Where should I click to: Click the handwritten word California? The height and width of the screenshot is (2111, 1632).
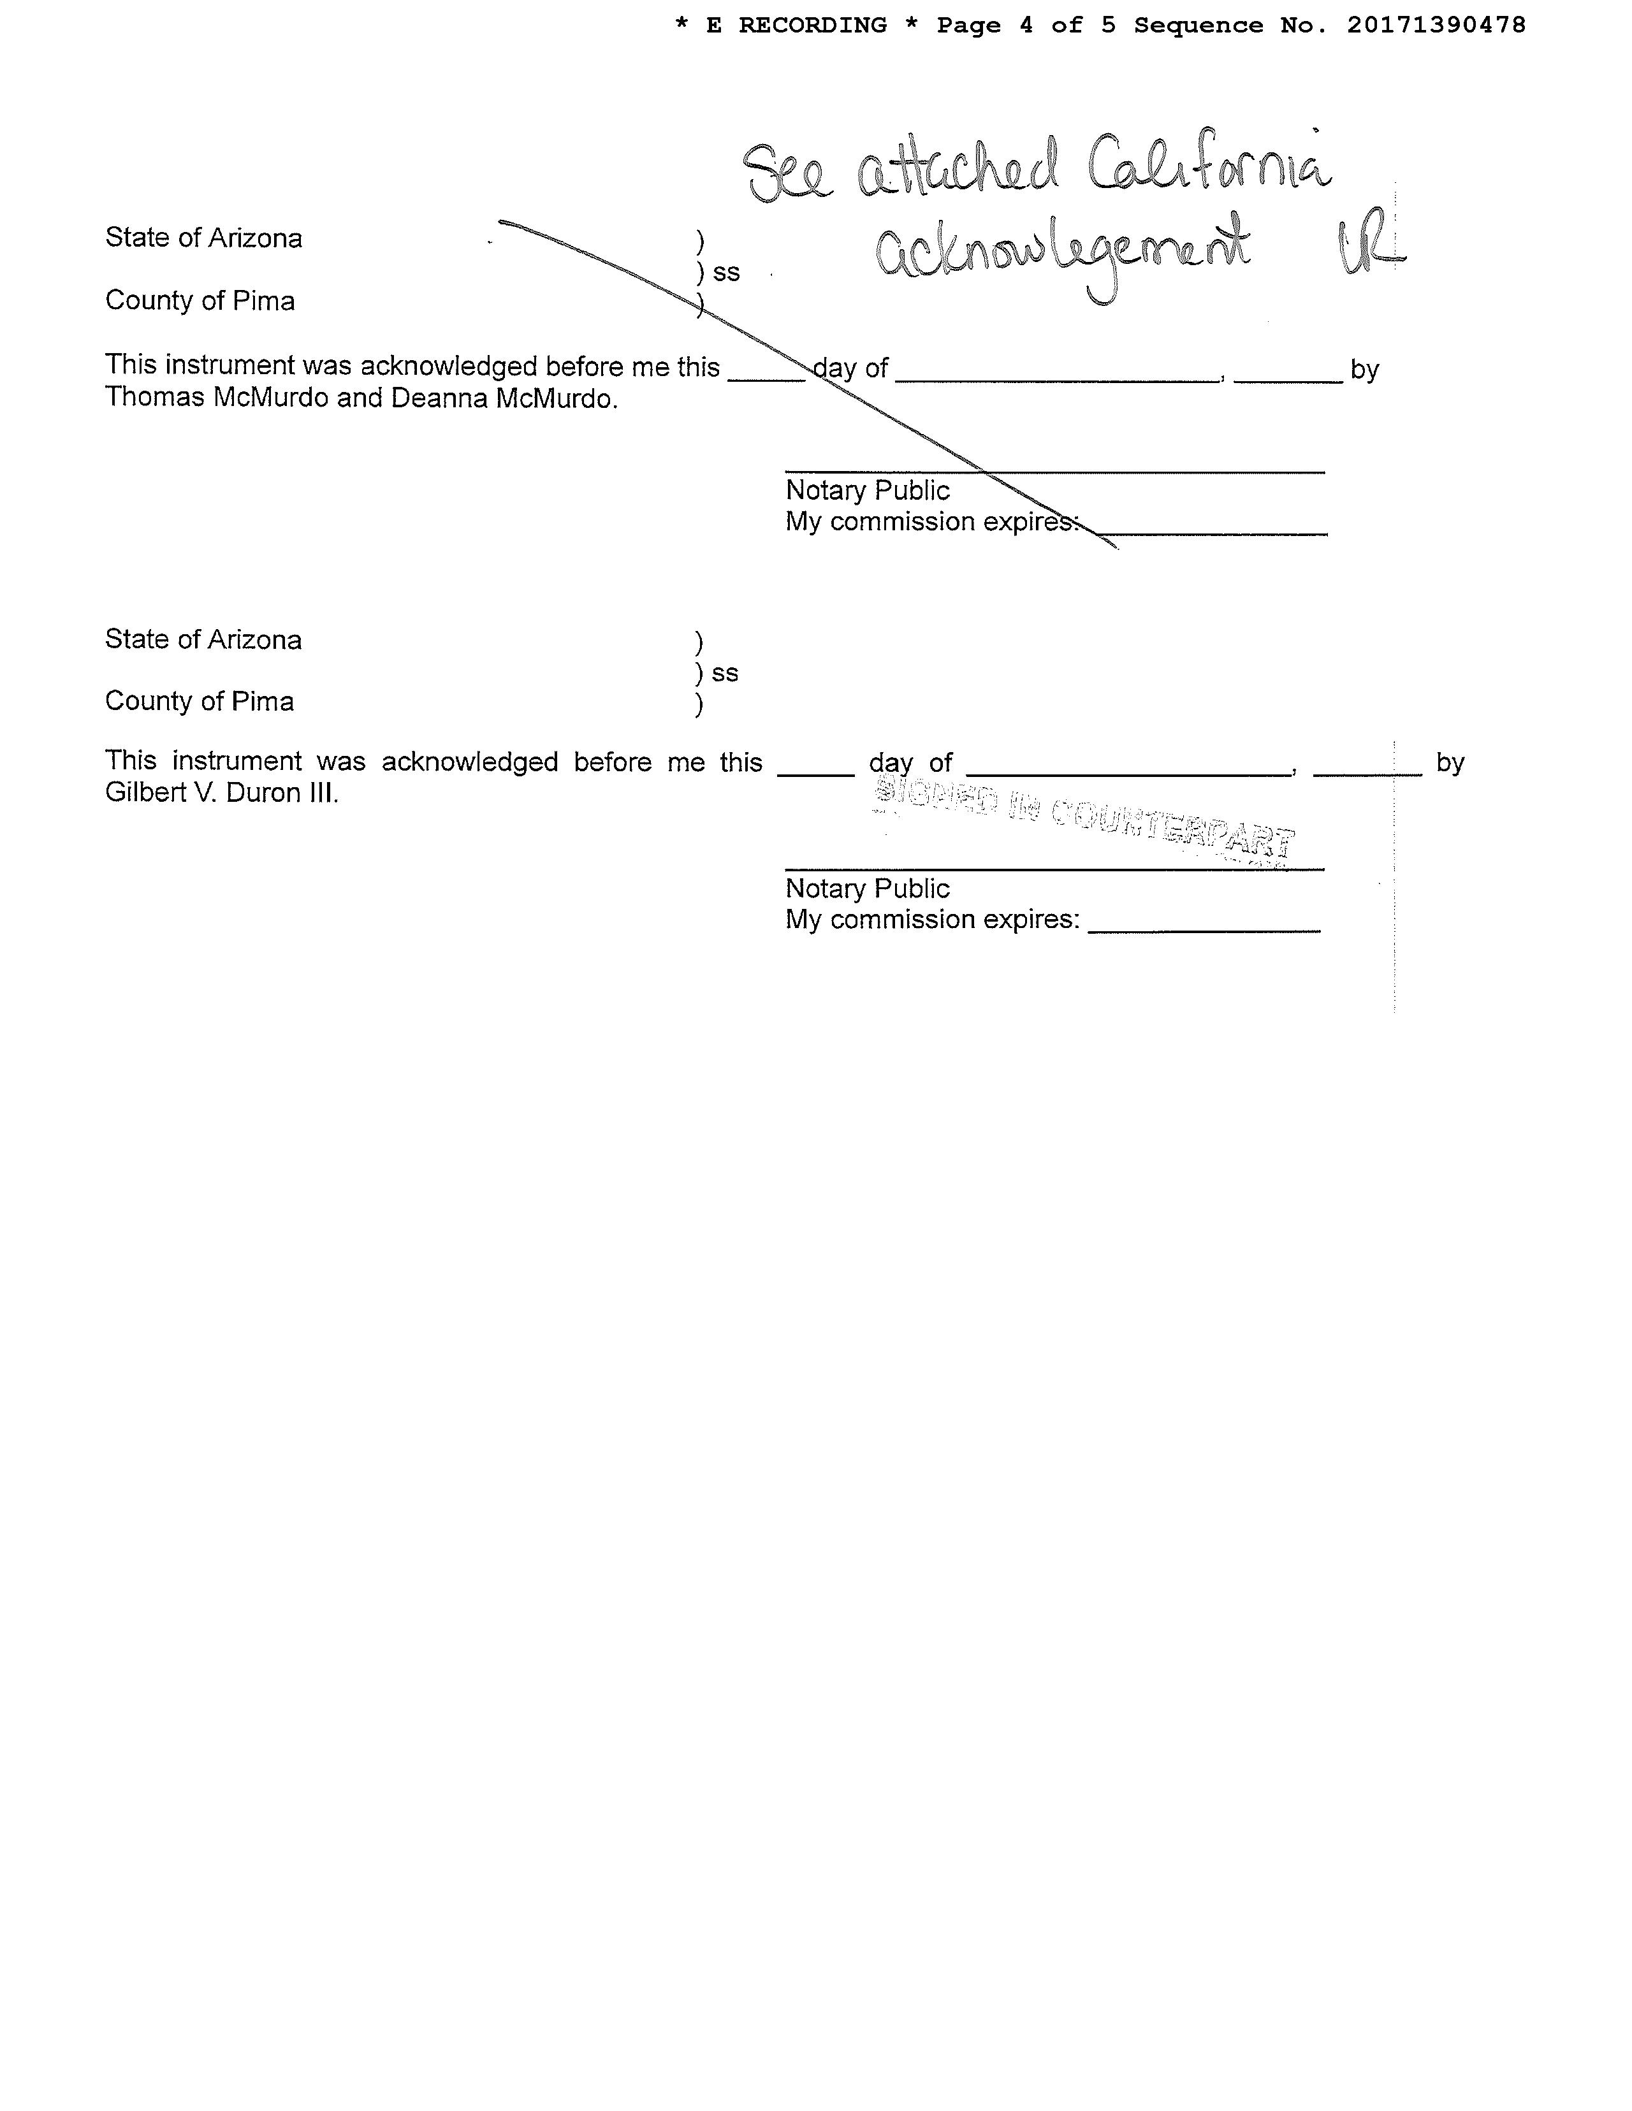coord(1209,169)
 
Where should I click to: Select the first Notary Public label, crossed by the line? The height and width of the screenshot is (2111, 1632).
coord(867,490)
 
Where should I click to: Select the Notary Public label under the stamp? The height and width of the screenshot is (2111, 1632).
coord(867,889)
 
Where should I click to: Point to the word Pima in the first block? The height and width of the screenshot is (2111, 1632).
coord(263,301)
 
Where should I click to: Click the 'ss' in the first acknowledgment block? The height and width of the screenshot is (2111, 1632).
coord(726,273)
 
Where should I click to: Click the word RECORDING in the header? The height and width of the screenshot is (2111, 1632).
coord(812,25)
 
